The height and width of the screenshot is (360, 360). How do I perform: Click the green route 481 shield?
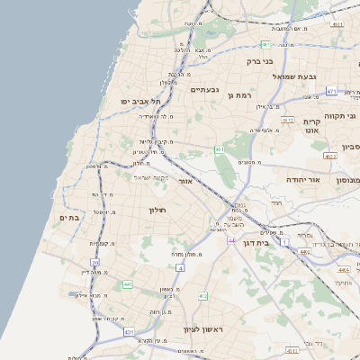tap(265, 44)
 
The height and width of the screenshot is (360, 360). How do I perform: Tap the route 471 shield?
tap(331, 92)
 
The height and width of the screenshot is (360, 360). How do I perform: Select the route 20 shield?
tap(95, 263)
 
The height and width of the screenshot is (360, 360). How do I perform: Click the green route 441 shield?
tap(128, 284)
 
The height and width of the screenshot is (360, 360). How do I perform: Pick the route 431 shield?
tap(129, 332)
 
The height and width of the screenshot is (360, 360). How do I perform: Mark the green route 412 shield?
tap(203, 295)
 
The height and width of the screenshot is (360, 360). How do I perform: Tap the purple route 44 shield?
tap(231, 241)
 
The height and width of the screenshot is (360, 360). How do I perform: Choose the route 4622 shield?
tap(331, 156)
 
